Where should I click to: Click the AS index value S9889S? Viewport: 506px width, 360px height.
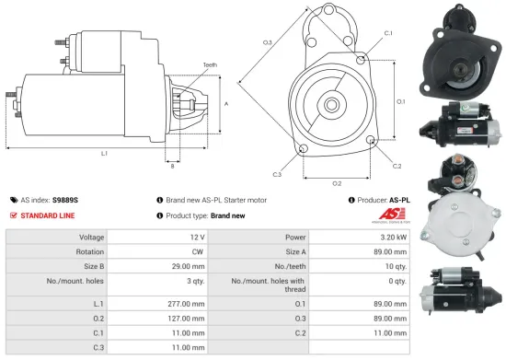[x=65, y=199]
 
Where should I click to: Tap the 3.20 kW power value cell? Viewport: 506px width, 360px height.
[x=391, y=237]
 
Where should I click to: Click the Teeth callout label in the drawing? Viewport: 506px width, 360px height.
[x=210, y=64]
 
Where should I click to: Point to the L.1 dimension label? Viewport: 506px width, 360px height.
[x=104, y=153]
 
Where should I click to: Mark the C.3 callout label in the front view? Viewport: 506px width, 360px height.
[x=277, y=173]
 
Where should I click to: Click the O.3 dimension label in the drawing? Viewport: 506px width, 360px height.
[x=268, y=42]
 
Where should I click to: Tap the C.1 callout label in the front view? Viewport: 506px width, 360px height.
[x=388, y=32]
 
